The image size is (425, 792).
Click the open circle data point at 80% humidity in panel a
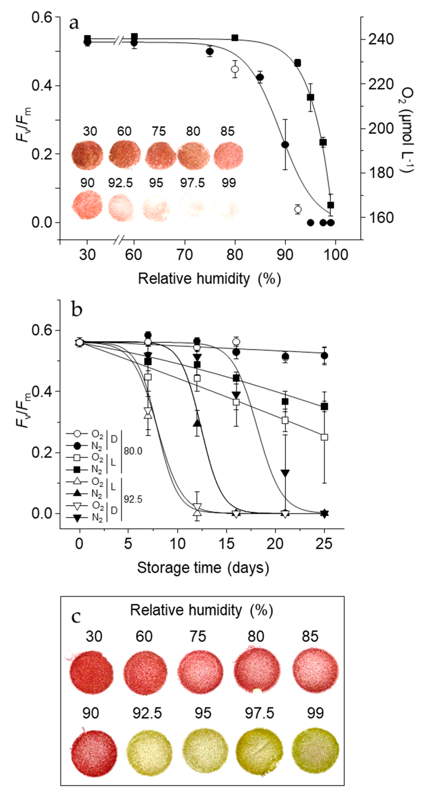(x=235, y=69)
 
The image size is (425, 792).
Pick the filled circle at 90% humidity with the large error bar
(x=285, y=144)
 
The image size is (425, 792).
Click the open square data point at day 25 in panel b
(x=324, y=437)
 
